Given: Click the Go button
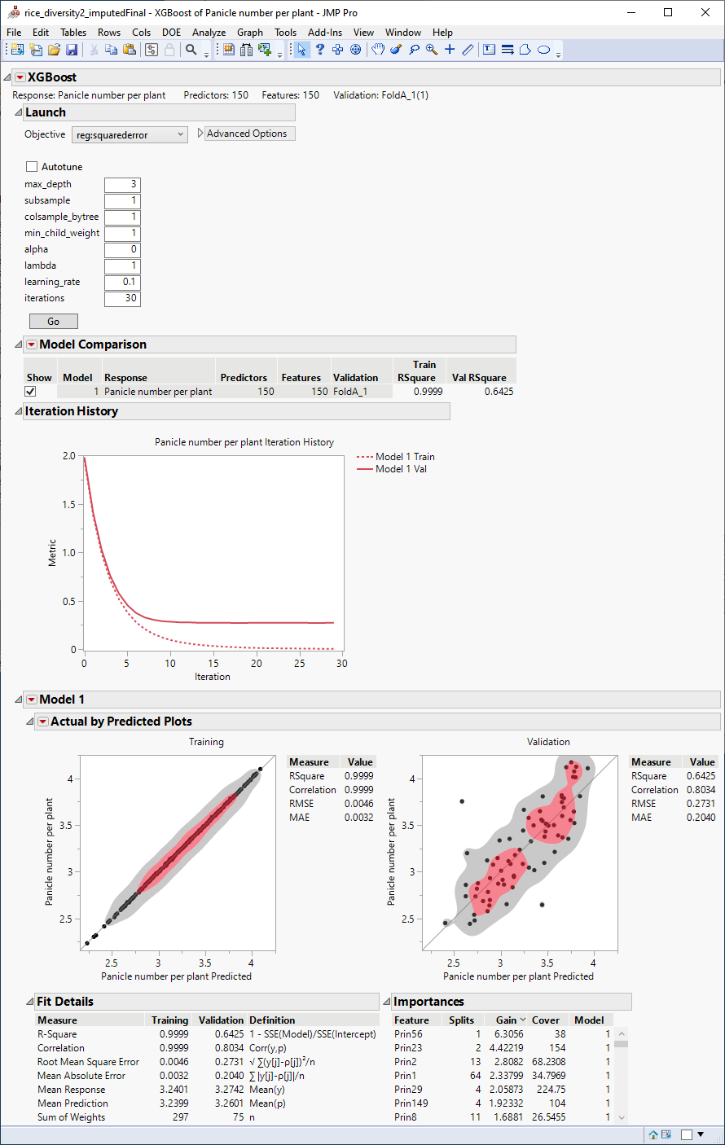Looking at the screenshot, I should pyautogui.click(x=54, y=321).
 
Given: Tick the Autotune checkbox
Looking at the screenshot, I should pyautogui.click(x=33, y=167).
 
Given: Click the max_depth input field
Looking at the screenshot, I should pyautogui.click(x=122, y=184).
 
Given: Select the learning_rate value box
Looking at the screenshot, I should pyautogui.click(x=122, y=282).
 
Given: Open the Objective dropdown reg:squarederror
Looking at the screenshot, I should pyautogui.click(x=130, y=134).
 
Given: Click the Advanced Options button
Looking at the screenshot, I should pyautogui.click(x=247, y=134).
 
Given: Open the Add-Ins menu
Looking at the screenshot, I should pyautogui.click(x=325, y=33).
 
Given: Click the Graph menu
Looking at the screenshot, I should pyautogui.click(x=250, y=33).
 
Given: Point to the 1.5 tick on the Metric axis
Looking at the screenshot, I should pyautogui.click(x=69, y=505).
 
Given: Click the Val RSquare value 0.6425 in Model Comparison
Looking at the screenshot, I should pyautogui.click(x=499, y=392).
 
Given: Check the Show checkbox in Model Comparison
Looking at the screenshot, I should pyautogui.click(x=31, y=392).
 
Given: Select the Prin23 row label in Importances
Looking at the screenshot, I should pyautogui.click(x=408, y=1048).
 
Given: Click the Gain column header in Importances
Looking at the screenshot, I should pyautogui.click(x=507, y=1020).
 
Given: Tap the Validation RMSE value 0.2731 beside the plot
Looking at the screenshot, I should pyautogui.click(x=701, y=804).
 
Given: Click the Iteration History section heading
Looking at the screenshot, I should pyautogui.click(x=72, y=411).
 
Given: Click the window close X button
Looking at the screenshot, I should pyautogui.click(x=705, y=12).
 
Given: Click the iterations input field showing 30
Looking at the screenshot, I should pyautogui.click(x=122, y=298).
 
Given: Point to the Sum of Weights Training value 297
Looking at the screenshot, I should pyautogui.click(x=180, y=1117).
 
